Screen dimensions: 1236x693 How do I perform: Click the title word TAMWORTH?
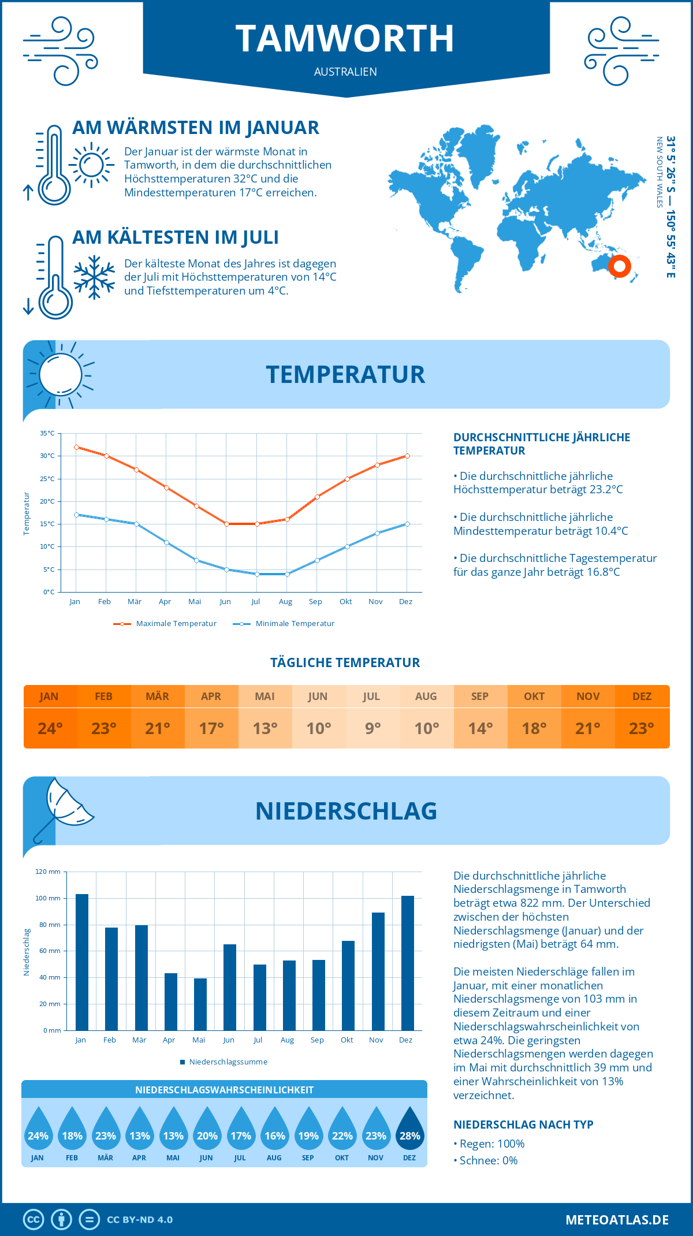[x=345, y=39]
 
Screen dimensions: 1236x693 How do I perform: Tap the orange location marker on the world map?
[x=619, y=266]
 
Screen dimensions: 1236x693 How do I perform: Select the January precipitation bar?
[x=82, y=962]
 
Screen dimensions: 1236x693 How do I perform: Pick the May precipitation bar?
[x=200, y=1004]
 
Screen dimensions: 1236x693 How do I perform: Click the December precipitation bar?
[x=408, y=963]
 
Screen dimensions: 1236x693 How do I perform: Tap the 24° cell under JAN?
[x=50, y=728]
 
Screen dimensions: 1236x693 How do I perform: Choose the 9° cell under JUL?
[x=372, y=728]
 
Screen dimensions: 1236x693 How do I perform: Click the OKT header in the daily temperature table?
[x=534, y=697]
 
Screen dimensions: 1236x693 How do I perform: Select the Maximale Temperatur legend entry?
[x=165, y=624]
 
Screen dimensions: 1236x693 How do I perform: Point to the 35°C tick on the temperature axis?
[x=47, y=433]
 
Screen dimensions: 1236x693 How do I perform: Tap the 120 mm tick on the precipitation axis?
[x=48, y=872]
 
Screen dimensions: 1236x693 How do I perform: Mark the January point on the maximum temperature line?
[x=76, y=447]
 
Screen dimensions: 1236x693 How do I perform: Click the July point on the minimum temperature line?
[x=257, y=574]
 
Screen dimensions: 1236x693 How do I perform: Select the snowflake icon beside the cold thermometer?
[x=94, y=277]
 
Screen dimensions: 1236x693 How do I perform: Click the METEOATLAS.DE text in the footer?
[x=617, y=1220]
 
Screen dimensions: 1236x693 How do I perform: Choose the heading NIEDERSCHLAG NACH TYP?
[x=523, y=1125]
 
